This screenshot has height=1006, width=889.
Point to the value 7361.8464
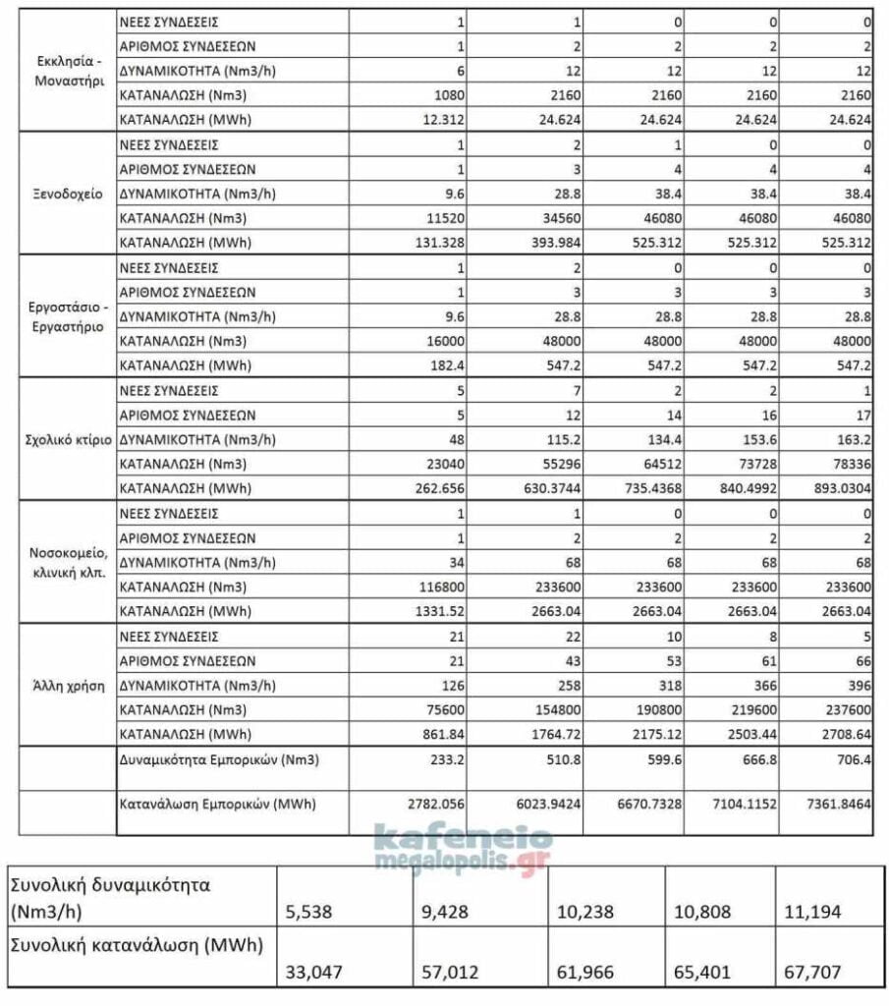(x=837, y=804)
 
